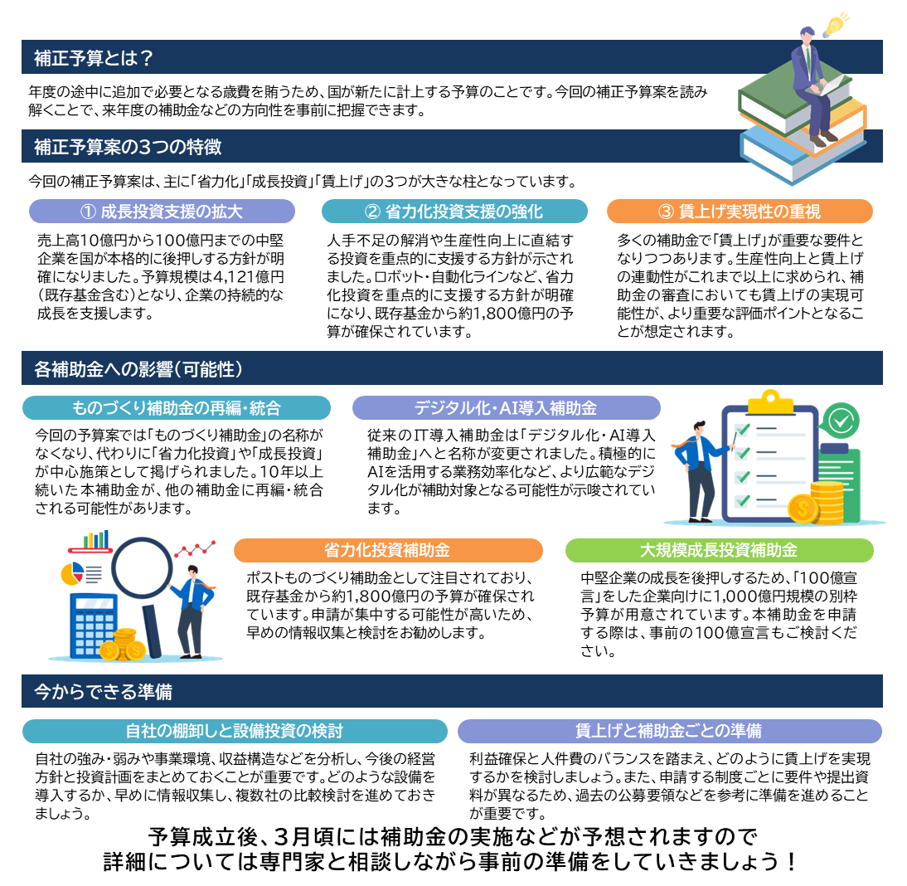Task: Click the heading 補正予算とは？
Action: [x=94, y=58]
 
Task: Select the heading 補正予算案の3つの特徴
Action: [x=128, y=147]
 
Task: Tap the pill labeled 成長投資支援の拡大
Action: [x=162, y=212]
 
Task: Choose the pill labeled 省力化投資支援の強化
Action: [x=454, y=212]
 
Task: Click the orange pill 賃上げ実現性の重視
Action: [x=740, y=212]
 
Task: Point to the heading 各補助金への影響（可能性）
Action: [x=138, y=368]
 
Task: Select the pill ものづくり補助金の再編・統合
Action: [x=177, y=408]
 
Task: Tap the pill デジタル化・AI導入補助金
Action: [x=506, y=408]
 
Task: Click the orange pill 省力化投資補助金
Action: [x=388, y=550]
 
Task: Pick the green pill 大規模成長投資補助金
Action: [x=719, y=550]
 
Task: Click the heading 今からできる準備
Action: [x=104, y=691]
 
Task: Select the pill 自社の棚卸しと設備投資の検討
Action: [x=235, y=731]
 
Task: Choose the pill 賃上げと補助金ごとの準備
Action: [x=669, y=731]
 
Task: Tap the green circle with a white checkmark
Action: [x=842, y=420]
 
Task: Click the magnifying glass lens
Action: [x=142, y=568]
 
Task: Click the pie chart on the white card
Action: [x=73, y=572]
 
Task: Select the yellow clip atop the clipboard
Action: [x=771, y=402]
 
